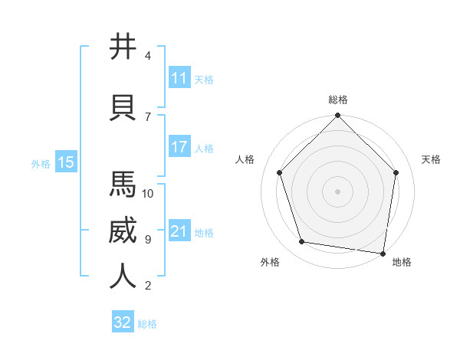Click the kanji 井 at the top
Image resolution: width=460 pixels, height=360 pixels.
click(123, 47)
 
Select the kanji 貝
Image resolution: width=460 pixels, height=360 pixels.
click(123, 106)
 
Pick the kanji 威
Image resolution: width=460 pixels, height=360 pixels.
click(123, 231)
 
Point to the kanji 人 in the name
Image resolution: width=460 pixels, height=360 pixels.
click(123, 276)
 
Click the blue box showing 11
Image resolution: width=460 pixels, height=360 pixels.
click(179, 78)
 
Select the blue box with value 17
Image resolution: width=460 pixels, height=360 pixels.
click(179, 147)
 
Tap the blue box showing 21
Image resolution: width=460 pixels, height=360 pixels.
click(179, 231)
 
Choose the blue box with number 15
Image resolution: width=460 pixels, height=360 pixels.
click(65, 162)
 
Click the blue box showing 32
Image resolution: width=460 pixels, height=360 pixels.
click(123, 322)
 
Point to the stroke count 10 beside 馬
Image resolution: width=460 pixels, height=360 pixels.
click(148, 193)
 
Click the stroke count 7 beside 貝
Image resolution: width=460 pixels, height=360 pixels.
click(148, 116)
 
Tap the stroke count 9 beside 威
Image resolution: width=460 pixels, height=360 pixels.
click(148, 240)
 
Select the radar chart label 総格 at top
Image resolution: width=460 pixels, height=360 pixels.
click(338, 100)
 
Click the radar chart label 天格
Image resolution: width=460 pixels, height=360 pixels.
click(432, 159)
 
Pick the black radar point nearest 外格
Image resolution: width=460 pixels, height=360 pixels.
click(302, 242)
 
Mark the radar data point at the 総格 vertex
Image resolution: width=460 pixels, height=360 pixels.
click(338, 116)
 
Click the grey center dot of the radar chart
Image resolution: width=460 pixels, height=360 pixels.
click(338, 191)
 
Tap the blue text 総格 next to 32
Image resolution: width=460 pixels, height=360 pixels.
click(147, 324)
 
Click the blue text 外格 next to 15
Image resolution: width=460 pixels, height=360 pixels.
click(41, 163)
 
